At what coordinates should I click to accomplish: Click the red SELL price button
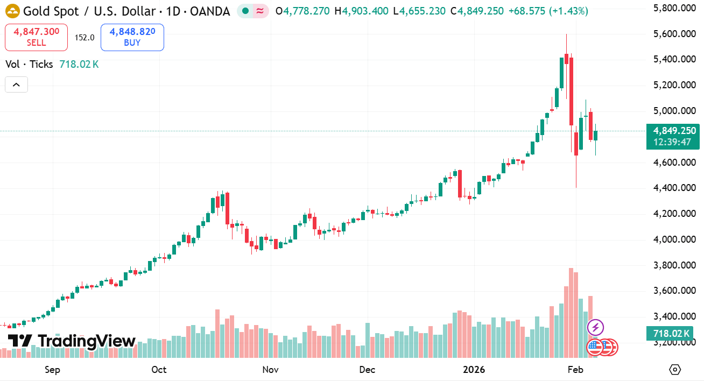(37, 37)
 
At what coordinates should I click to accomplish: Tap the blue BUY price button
(132, 37)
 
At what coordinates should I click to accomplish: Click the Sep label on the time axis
(52, 370)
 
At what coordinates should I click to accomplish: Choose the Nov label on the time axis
(270, 370)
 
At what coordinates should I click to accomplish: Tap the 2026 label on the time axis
(474, 370)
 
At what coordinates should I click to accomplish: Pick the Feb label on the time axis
(575, 370)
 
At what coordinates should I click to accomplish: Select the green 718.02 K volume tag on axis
(672, 334)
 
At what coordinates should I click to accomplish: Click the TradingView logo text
(72, 341)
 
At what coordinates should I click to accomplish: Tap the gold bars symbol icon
(12, 11)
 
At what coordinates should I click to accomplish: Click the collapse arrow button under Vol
(16, 84)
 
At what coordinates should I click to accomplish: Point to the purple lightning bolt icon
(595, 327)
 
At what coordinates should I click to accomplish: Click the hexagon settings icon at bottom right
(675, 370)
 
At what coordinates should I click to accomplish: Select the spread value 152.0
(85, 38)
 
